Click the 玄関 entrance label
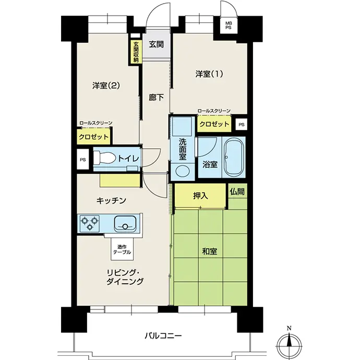(x=156, y=44)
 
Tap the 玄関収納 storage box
(x=136, y=52)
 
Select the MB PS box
(x=228, y=26)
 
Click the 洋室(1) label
(x=209, y=74)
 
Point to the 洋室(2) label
(x=106, y=86)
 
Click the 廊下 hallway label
(x=156, y=98)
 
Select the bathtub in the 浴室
(x=234, y=157)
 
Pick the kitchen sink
(x=125, y=224)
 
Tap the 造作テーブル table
(x=122, y=249)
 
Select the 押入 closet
(x=200, y=196)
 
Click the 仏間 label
(x=237, y=191)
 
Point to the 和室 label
(x=209, y=251)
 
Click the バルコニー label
(x=163, y=336)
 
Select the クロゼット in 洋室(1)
(x=214, y=124)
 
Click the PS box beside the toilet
(x=82, y=159)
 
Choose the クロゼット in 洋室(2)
(x=93, y=137)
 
